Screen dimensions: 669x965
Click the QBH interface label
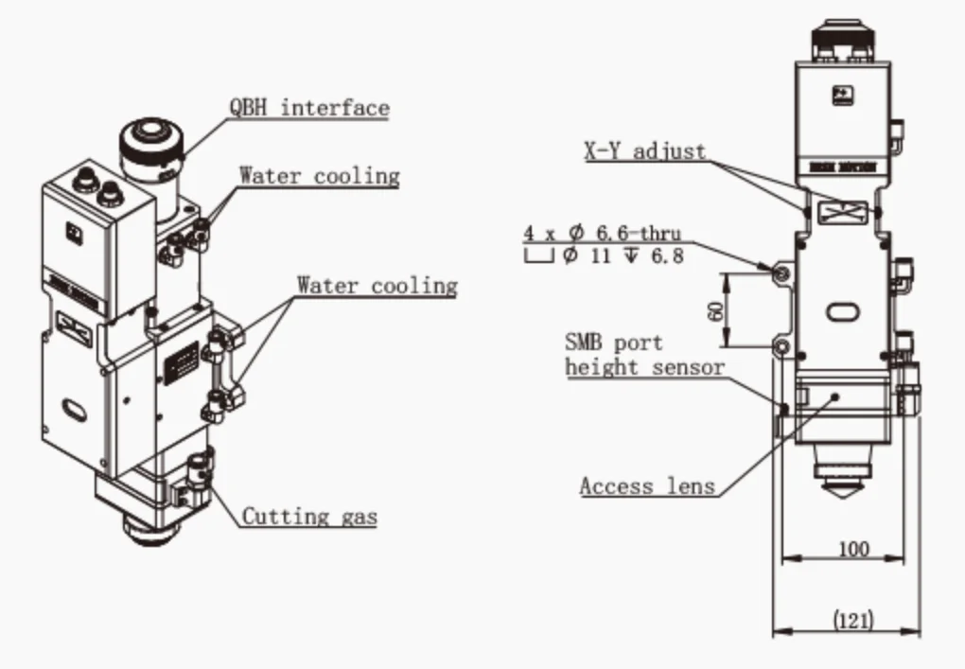click(x=308, y=107)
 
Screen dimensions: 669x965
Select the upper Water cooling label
click(x=319, y=176)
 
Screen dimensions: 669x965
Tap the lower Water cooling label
click(x=377, y=285)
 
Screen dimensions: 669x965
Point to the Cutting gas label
click(x=309, y=517)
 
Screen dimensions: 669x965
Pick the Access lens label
click(x=647, y=486)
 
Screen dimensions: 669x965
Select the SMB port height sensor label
click(x=644, y=355)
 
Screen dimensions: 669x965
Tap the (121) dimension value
click(x=852, y=621)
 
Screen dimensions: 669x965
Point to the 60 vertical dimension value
click(x=715, y=309)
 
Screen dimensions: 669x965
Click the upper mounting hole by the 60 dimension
click(x=781, y=273)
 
